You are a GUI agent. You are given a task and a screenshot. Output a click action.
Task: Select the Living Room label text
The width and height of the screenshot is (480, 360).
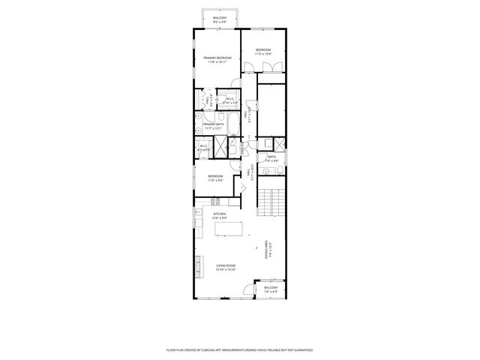226,265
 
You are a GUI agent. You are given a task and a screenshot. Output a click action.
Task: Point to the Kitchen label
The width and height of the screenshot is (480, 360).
220,214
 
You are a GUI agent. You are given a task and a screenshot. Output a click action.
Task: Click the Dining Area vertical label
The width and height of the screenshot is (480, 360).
268,250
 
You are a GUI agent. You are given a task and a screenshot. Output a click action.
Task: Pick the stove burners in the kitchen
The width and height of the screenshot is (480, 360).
215,200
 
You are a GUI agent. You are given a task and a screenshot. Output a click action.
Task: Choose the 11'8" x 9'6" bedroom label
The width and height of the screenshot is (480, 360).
216,178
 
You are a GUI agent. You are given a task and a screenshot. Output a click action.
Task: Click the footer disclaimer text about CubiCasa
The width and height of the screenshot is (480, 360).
239,349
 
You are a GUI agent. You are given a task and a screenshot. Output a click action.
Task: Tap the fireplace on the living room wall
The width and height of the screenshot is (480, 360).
197,265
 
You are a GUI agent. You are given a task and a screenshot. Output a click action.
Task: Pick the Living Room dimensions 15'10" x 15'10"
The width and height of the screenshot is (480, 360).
226,270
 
